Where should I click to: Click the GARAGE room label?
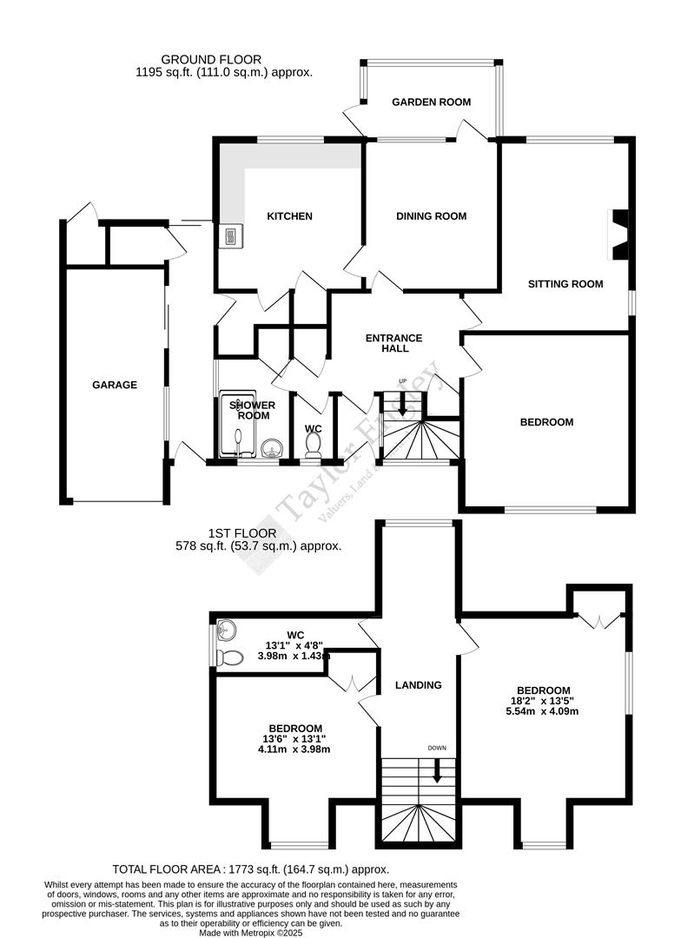(115, 385)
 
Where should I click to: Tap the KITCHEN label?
(289, 216)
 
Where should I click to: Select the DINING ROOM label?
(432, 216)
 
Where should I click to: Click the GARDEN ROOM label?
(431, 102)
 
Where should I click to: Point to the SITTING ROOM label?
(565, 284)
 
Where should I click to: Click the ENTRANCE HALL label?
(393, 343)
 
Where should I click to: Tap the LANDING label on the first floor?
(419, 685)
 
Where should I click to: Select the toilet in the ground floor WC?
(314, 445)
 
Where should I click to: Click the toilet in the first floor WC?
(229, 657)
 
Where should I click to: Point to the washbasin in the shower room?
(272, 449)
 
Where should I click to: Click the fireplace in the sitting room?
(619, 234)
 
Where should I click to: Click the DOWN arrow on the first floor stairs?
(437, 769)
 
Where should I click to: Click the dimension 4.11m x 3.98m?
(295, 750)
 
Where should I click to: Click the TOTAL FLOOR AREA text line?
(251, 869)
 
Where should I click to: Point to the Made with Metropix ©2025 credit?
(251, 933)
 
